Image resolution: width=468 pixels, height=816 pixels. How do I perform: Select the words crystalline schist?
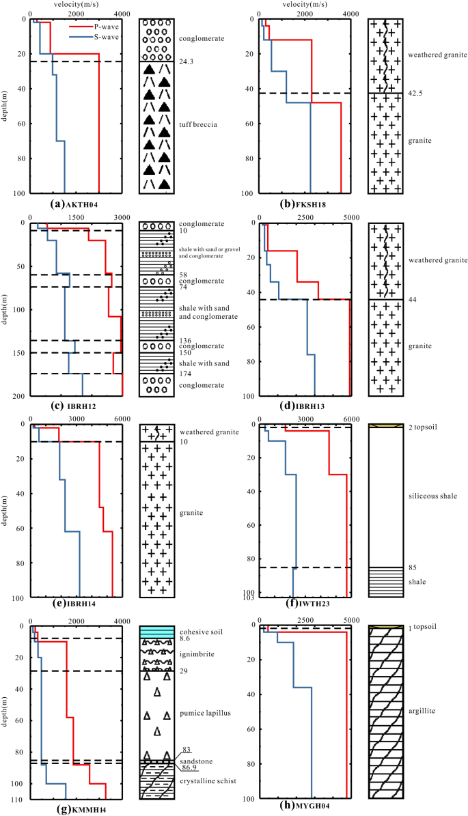(206, 780)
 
